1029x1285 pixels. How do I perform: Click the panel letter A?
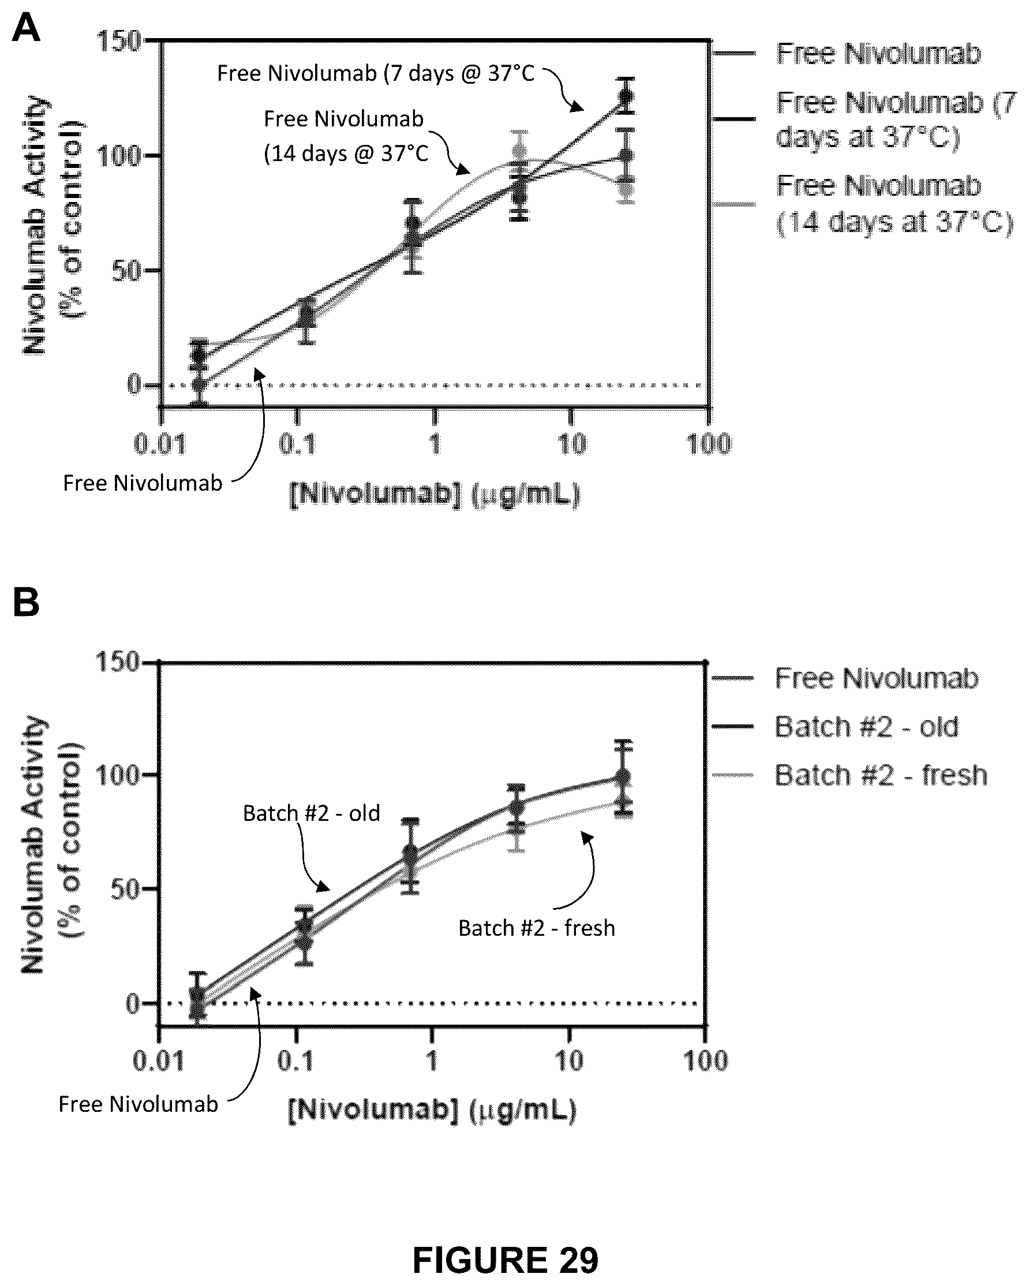[x=25, y=29]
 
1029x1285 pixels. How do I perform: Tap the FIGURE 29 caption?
[x=505, y=1260]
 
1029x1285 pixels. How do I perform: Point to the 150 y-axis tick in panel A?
[x=118, y=41]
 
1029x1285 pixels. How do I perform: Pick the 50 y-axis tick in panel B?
[x=125, y=889]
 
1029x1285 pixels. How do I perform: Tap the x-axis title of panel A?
[x=435, y=495]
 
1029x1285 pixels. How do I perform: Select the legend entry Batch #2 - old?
[x=866, y=727]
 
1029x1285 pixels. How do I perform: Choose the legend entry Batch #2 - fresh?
[x=881, y=775]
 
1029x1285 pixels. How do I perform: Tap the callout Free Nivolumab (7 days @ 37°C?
[x=376, y=73]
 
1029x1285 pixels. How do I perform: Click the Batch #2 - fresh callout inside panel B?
[x=536, y=928]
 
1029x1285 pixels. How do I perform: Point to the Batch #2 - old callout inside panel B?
[x=311, y=813]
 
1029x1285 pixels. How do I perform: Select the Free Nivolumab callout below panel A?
[x=143, y=483]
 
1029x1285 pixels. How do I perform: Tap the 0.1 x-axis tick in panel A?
[x=297, y=444]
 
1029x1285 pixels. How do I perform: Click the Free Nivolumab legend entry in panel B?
[x=877, y=678]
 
